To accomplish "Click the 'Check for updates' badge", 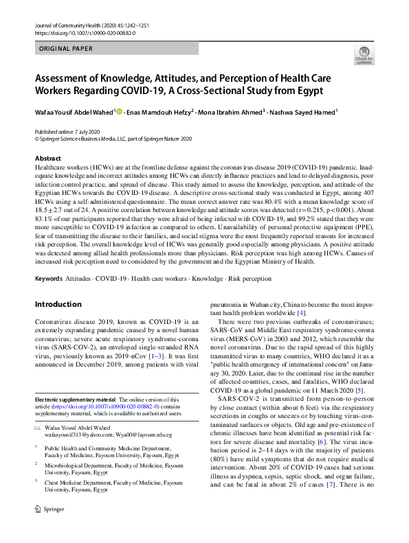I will point(363,54).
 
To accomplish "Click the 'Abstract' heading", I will point(48,158).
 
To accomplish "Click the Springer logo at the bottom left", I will point(47,529).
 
